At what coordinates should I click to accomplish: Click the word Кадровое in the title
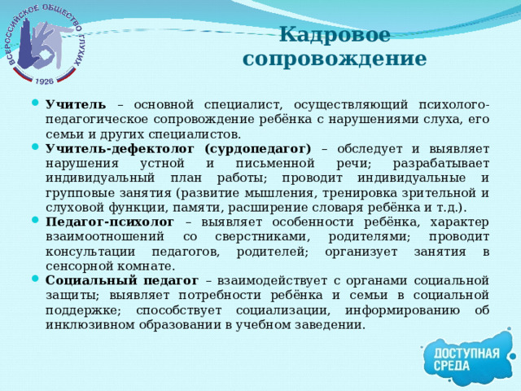[x=334, y=35]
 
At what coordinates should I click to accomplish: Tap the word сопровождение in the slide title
[x=334, y=59]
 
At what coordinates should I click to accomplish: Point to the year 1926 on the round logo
[x=45, y=81]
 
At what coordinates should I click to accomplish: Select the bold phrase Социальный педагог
[x=121, y=280]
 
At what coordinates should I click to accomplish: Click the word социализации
[x=265, y=310]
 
